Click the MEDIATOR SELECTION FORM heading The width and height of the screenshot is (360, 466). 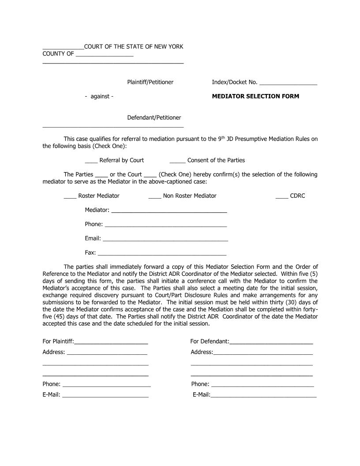[255, 96]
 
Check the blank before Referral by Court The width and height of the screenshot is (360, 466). [91, 161]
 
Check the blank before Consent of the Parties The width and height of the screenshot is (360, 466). [177, 161]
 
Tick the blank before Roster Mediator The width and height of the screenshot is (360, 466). [70, 196]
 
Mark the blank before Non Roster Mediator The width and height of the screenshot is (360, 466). [154, 196]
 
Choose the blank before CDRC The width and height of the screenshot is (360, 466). [281, 196]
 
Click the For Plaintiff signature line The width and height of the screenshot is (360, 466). [111, 342]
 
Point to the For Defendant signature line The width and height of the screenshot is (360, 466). [271, 342]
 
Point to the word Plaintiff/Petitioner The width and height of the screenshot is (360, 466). [150, 82]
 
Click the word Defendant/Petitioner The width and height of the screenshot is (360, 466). [154, 118]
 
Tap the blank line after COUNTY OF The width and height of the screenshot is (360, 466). [104, 56]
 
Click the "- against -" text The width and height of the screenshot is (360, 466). [99, 97]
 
